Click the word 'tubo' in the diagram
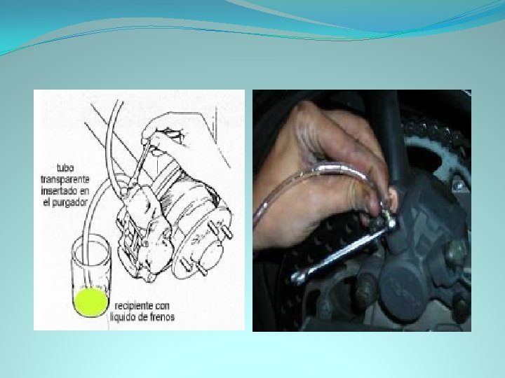(x=65, y=168)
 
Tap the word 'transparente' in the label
(x=65, y=179)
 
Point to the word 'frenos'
(x=162, y=317)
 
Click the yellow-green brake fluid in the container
(x=90, y=302)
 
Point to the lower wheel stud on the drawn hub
(x=194, y=266)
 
